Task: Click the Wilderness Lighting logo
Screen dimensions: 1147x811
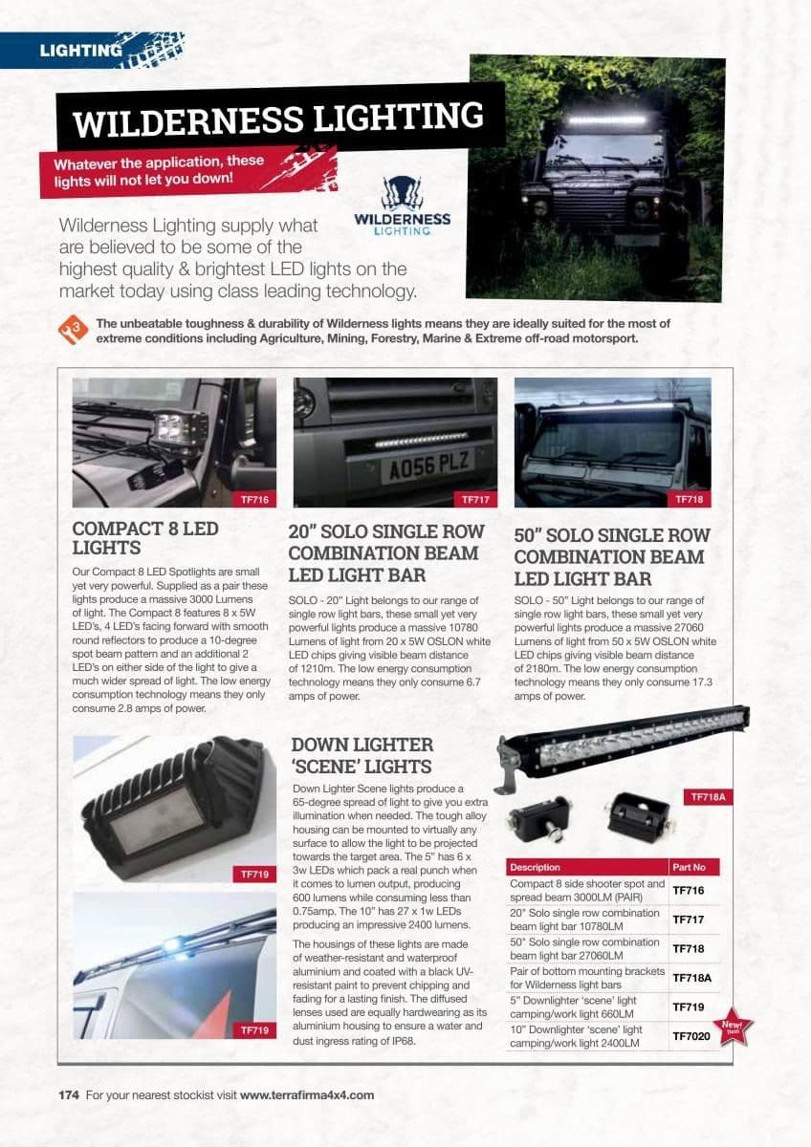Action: pos(402,206)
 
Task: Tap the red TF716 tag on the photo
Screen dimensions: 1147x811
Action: pos(253,499)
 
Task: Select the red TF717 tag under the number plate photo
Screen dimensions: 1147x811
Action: pos(475,499)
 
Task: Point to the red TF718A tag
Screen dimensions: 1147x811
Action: pos(709,796)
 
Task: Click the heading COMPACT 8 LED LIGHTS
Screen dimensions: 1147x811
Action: pos(145,538)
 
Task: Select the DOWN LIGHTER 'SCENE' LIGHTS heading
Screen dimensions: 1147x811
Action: pos(362,755)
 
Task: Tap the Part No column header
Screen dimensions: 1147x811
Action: pos(689,867)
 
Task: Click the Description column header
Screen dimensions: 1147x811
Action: pos(536,867)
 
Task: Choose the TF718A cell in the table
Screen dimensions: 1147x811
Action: pos(692,978)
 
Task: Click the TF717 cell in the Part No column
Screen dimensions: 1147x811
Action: pos(689,920)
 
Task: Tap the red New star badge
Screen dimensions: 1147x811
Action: pos(733,1028)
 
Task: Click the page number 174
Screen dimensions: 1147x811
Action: pos(69,1095)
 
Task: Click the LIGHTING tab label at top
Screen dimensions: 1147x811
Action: pos(80,51)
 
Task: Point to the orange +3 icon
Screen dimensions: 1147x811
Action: pos(74,330)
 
